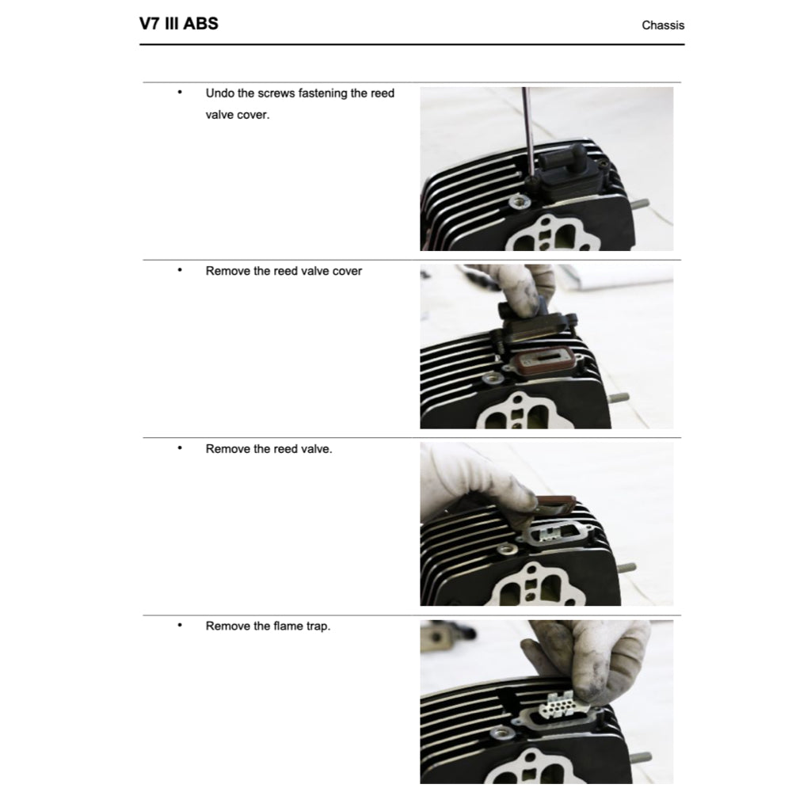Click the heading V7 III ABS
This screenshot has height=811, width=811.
178,24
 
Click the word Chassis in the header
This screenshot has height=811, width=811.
663,25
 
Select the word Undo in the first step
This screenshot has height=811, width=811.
219,93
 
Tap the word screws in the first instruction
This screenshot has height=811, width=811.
276,93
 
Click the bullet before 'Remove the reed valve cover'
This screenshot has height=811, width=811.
180,270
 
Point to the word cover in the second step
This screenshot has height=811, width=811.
347,271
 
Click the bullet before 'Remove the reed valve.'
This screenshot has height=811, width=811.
180,448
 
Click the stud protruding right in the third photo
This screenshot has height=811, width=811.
627,567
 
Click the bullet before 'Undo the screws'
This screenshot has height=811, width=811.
180,93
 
